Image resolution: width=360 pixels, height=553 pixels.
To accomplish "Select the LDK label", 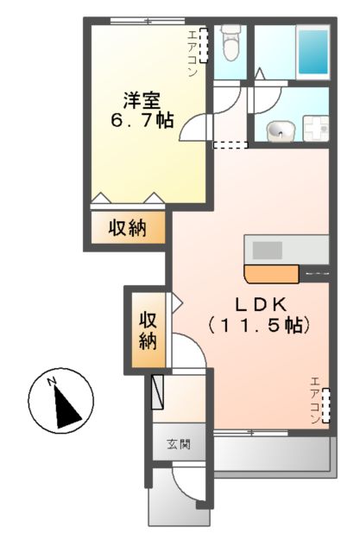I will tap(258, 304).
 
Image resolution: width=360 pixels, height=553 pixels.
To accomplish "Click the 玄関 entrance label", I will tap(179, 445).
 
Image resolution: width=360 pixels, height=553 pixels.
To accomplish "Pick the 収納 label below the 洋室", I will tap(127, 229).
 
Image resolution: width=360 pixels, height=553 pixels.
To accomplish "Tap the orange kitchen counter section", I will tap(271, 275).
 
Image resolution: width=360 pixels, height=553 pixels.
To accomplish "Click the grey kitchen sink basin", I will tap(267, 249).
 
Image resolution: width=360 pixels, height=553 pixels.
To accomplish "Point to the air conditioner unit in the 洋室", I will tap(205, 46).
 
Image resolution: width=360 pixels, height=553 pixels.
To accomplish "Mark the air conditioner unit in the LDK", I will tap(326, 407).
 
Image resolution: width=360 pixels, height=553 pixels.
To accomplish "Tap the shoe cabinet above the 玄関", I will tap(158, 391).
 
